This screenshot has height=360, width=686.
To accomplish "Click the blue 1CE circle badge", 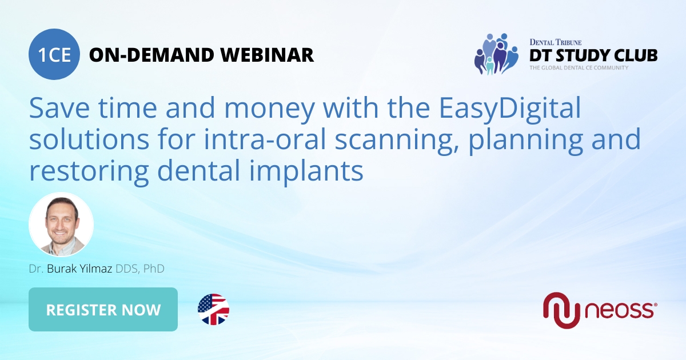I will tap(54, 55).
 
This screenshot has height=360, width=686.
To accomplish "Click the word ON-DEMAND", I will tap(151, 55).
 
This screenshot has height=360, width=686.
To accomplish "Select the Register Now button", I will tap(103, 310).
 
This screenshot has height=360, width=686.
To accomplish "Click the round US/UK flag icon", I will tap(213, 310).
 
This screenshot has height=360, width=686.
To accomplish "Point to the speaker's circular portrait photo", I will tap(61, 224).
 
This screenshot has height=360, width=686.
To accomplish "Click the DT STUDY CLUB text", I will tap(593, 55).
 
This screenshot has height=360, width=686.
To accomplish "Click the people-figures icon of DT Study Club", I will tap(496, 54).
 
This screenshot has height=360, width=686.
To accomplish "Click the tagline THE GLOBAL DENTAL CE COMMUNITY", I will tap(579, 68).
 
